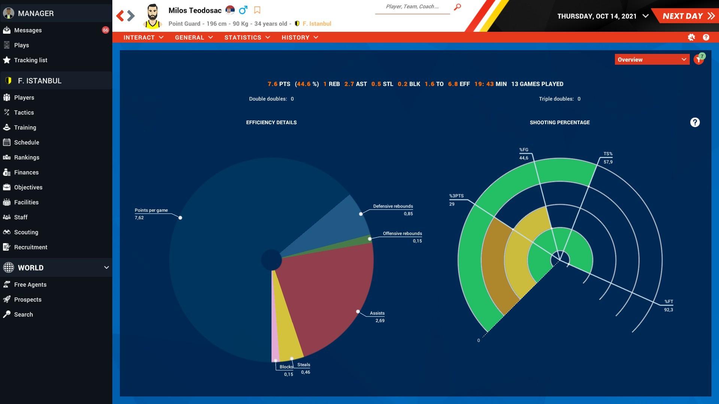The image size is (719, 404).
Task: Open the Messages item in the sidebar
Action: click(x=28, y=30)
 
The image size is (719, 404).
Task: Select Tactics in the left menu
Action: click(x=24, y=113)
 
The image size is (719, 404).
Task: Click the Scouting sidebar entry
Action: click(x=26, y=232)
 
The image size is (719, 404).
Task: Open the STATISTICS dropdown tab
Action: click(x=247, y=37)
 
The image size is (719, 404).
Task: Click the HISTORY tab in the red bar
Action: click(x=299, y=37)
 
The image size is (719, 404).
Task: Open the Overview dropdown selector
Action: click(x=652, y=59)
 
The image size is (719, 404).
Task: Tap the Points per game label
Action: click(x=151, y=210)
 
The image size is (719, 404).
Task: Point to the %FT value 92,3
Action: click(x=668, y=310)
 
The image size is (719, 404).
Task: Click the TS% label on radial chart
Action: click(x=608, y=154)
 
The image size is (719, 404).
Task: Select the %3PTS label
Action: click(x=456, y=196)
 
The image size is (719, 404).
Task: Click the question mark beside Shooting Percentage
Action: click(x=695, y=122)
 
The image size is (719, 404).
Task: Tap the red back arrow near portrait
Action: click(x=120, y=16)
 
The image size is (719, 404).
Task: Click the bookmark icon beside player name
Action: click(x=257, y=10)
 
